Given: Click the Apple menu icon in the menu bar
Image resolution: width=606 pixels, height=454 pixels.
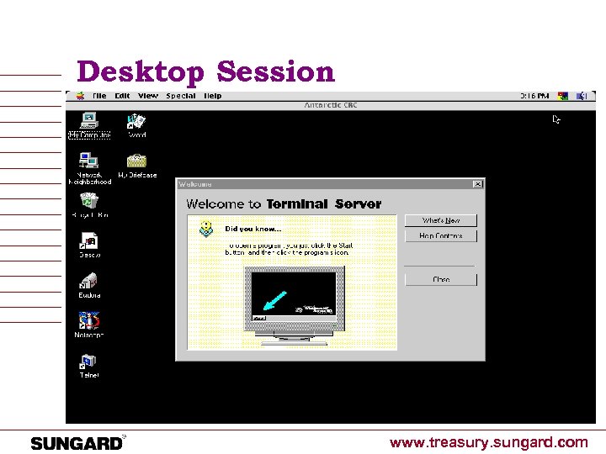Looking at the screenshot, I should click(x=80, y=96).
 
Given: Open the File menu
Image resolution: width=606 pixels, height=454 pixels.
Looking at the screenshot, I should click(x=99, y=96).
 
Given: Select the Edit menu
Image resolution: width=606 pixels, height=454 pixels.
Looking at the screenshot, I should click(x=123, y=96).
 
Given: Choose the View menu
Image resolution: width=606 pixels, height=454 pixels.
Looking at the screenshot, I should click(x=147, y=96).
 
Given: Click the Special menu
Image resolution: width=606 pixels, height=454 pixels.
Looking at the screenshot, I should click(x=181, y=96).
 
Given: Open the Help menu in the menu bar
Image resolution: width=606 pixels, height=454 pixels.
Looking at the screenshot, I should click(x=213, y=96).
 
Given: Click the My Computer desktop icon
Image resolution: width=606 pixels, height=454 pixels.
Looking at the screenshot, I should click(x=88, y=119).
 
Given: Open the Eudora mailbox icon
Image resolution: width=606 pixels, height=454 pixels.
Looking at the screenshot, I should click(x=89, y=281).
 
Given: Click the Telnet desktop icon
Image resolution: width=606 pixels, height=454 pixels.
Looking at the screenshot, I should click(x=88, y=362).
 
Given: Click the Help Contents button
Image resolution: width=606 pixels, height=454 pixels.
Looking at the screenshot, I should click(x=440, y=236).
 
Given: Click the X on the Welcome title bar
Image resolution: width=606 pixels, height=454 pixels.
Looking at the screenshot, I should click(x=477, y=184).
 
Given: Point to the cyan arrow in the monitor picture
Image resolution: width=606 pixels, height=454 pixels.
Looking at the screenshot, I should click(x=276, y=301).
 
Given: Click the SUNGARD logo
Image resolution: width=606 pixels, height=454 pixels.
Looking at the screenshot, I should click(x=77, y=443).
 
